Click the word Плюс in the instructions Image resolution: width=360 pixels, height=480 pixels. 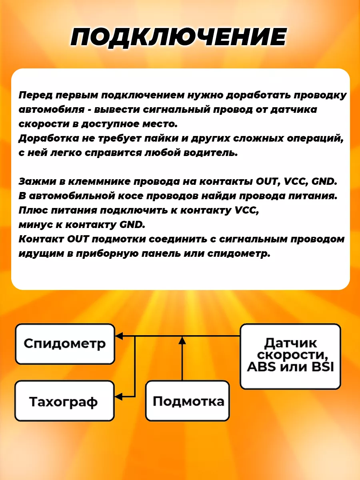[32, 210]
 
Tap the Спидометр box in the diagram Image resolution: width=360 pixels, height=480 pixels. [65, 344]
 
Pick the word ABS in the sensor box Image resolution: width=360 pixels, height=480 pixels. [262, 366]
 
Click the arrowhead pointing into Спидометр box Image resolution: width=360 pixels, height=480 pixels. [119, 336]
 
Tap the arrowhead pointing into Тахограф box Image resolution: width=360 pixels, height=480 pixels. [119, 396]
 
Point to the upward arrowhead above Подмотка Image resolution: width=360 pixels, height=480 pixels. [182, 340]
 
